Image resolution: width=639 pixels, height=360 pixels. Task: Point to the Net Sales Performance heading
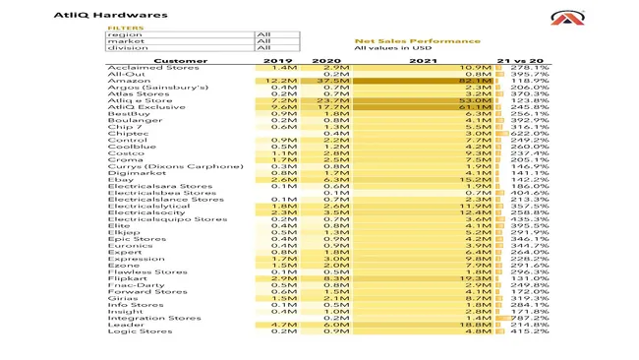417,40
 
